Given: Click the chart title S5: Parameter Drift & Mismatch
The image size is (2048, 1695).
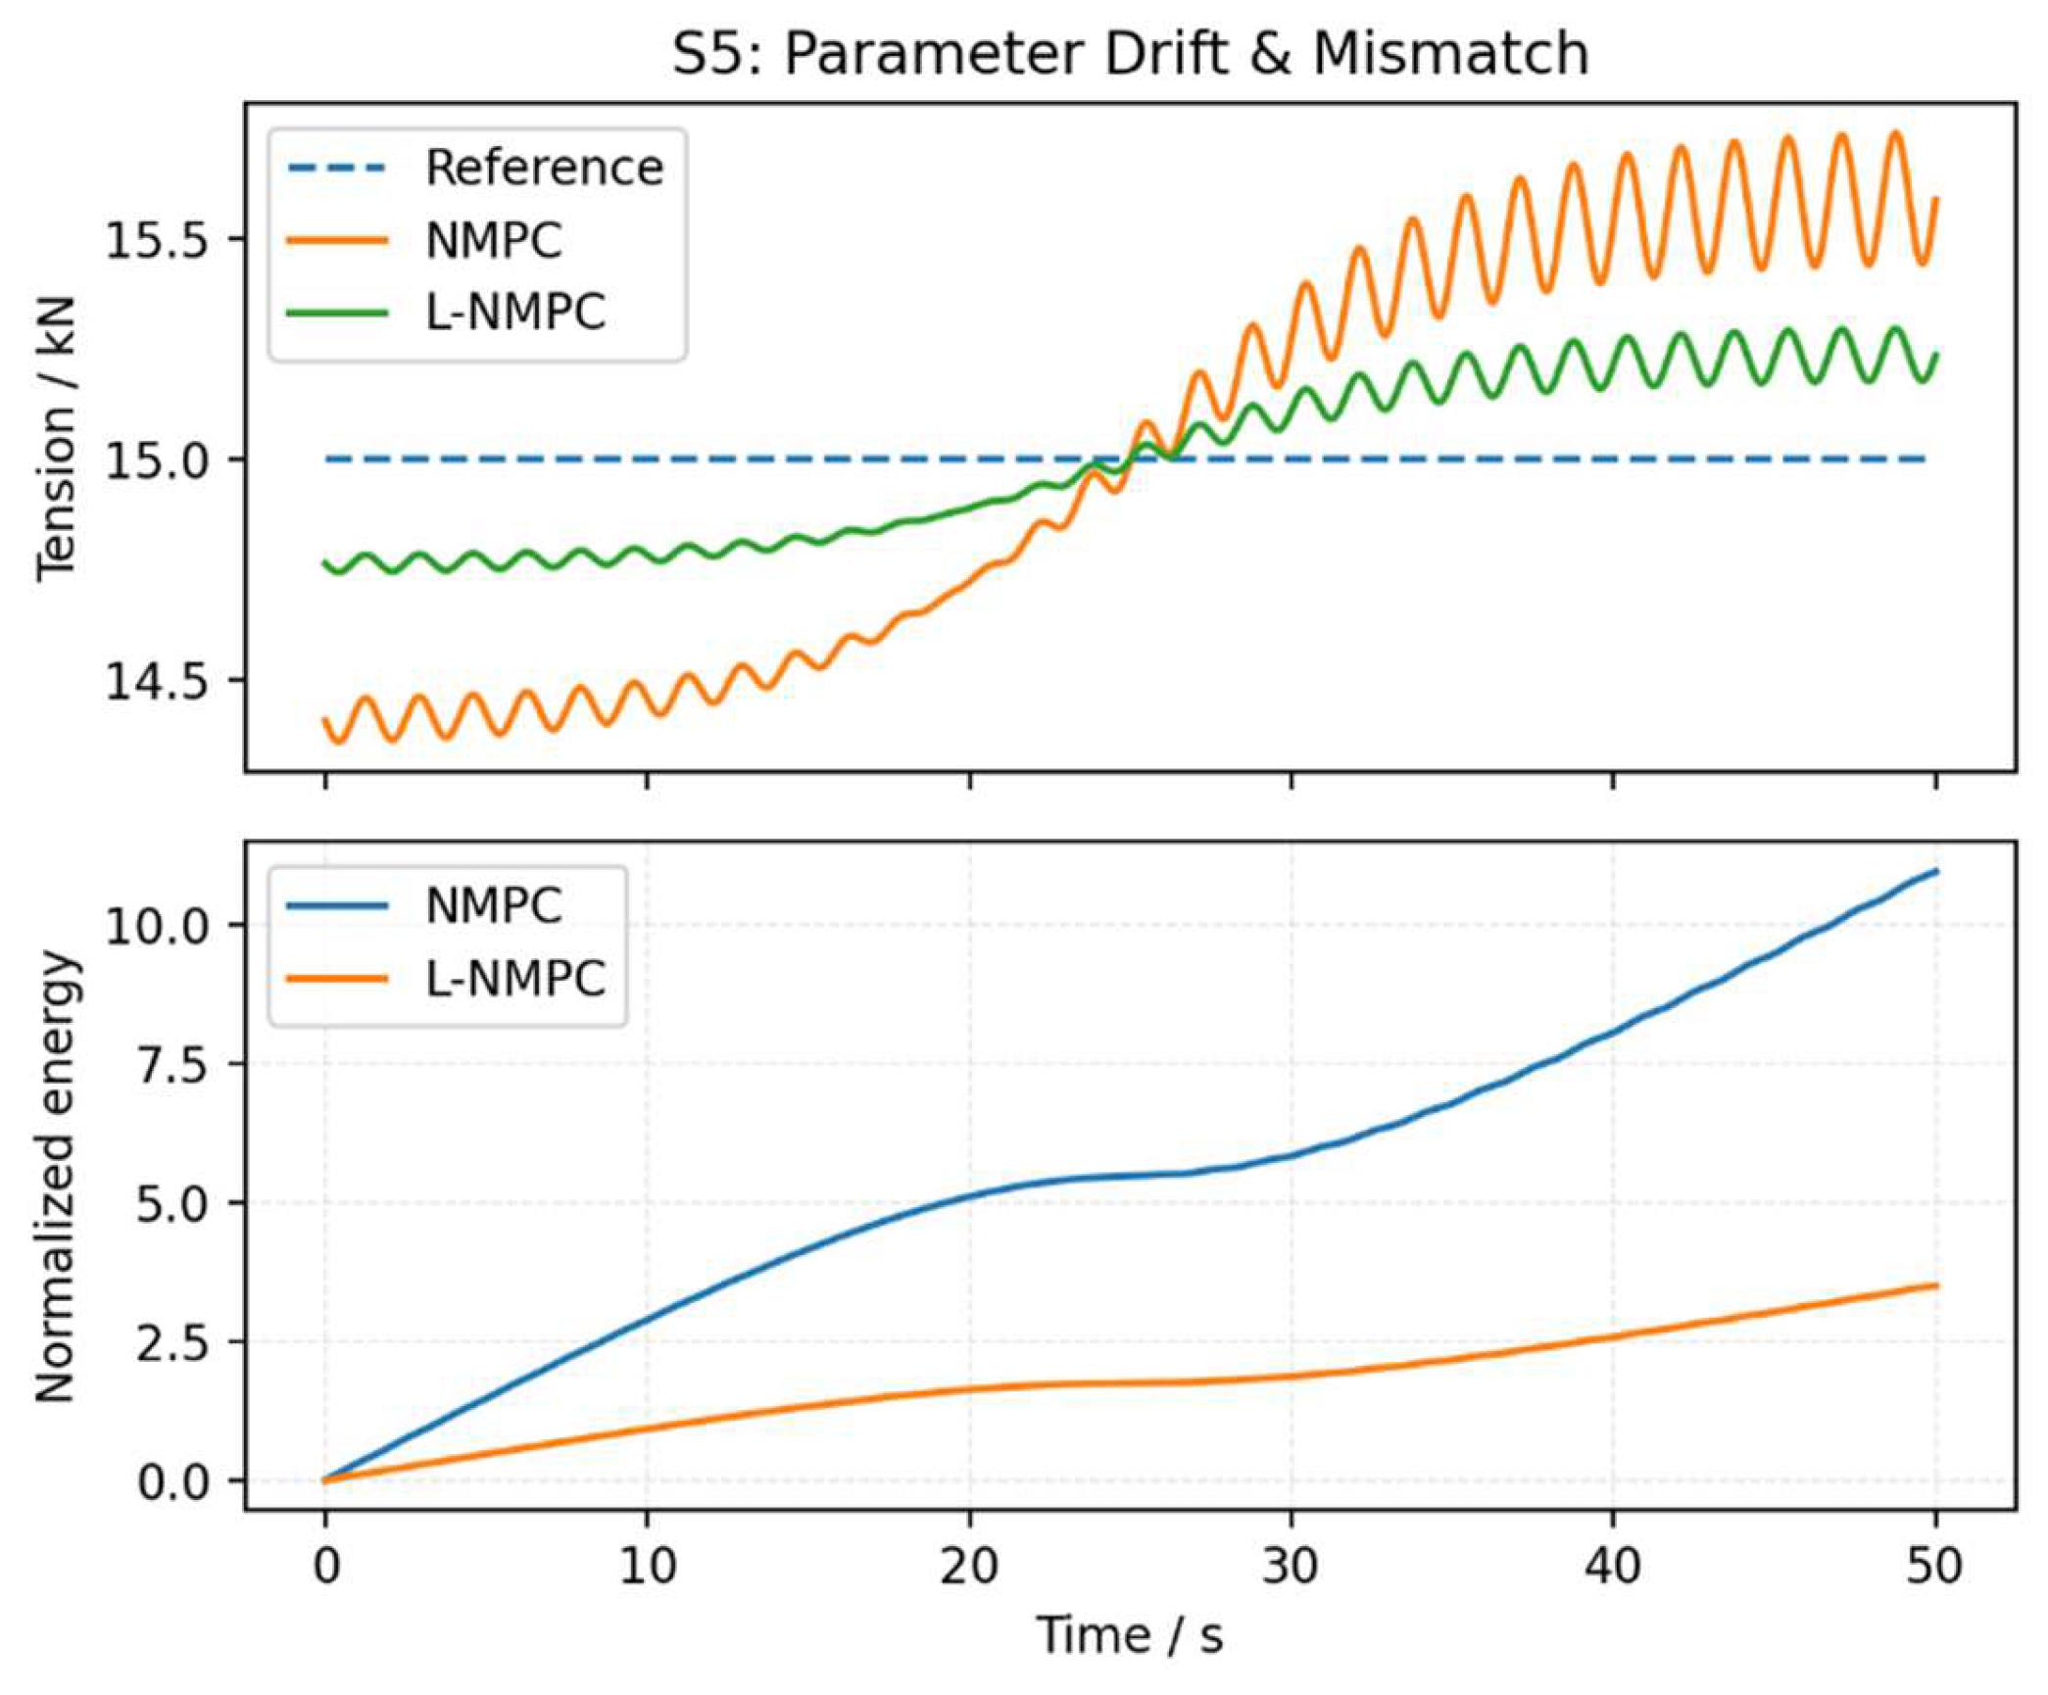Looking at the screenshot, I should [1129, 54].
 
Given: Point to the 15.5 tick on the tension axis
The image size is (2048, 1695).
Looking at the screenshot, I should [157, 240].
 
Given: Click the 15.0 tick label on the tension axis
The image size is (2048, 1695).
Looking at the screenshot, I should [157, 460].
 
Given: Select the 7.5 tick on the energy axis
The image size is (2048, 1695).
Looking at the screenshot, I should [171, 1065].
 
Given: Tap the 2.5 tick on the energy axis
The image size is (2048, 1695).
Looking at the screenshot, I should [171, 1343].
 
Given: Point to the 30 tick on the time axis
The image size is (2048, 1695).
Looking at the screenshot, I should [1290, 1568].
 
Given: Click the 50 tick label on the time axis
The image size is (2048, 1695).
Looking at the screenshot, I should [1933, 1568].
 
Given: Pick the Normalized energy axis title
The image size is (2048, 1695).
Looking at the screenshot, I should [56, 1176].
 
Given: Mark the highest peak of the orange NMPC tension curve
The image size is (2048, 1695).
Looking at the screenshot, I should [1896, 133].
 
